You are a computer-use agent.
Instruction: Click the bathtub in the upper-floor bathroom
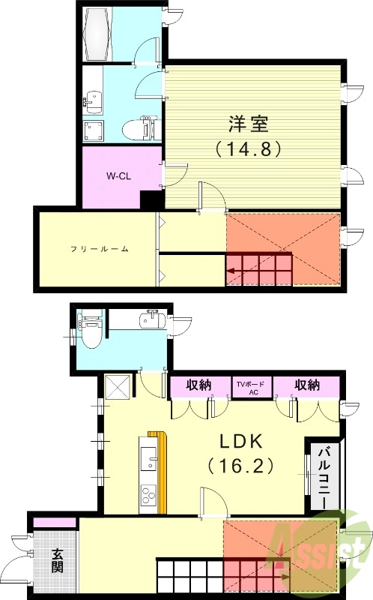coord(102,34)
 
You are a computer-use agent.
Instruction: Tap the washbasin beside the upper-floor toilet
coord(93,98)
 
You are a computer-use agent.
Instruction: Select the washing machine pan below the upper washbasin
coord(94,130)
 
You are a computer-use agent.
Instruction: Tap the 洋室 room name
coord(248,122)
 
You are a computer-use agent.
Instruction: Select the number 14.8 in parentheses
coord(248,148)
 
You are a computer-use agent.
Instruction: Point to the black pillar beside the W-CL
coord(152,201)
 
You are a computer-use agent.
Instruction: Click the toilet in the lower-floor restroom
coord(89,336)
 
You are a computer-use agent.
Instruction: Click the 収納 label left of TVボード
coord(198,385)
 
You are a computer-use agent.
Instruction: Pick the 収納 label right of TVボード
coord(306,385)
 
